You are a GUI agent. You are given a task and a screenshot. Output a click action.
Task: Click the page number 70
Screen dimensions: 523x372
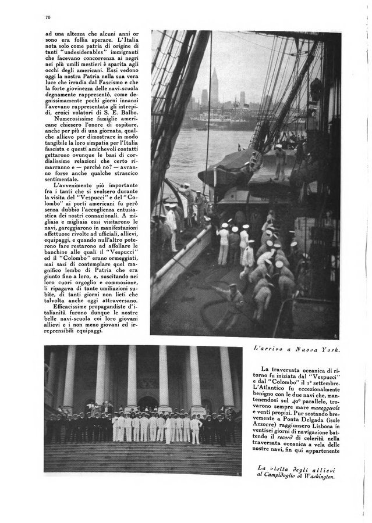coord(47,17)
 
